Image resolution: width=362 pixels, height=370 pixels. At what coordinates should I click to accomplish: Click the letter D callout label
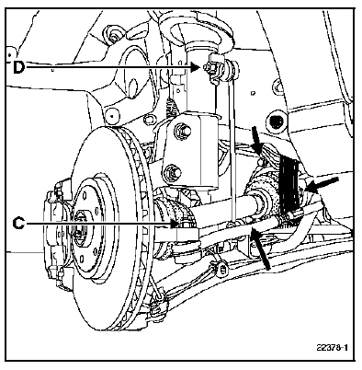[x=18, y=67]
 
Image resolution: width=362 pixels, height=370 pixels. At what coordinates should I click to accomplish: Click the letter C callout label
[x=18, y=224]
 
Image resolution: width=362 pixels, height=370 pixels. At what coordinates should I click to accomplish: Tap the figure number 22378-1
[x=333, y=348]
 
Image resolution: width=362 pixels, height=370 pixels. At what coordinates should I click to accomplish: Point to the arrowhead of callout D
[x=195, y=67]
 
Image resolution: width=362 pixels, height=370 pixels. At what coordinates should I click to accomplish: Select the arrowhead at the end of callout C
[x=174, y=224]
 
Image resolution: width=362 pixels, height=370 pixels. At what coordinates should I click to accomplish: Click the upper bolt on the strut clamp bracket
[x=182, y=131]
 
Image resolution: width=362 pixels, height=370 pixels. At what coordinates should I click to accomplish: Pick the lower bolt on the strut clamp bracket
[x=173, y=174]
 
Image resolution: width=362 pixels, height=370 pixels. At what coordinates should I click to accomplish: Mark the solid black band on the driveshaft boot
[x=288, y=185]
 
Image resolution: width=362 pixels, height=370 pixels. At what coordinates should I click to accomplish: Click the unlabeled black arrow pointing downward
[x=256, y=139]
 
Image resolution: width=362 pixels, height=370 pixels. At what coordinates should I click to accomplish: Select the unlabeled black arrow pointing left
[x=322, y=183]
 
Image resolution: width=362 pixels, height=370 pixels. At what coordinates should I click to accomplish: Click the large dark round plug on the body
[x=277, y=121]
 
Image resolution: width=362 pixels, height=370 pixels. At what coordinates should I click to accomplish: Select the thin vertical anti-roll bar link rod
[x=232, y=145]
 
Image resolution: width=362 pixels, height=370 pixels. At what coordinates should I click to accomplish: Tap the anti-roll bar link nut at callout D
[x=209, y=67]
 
